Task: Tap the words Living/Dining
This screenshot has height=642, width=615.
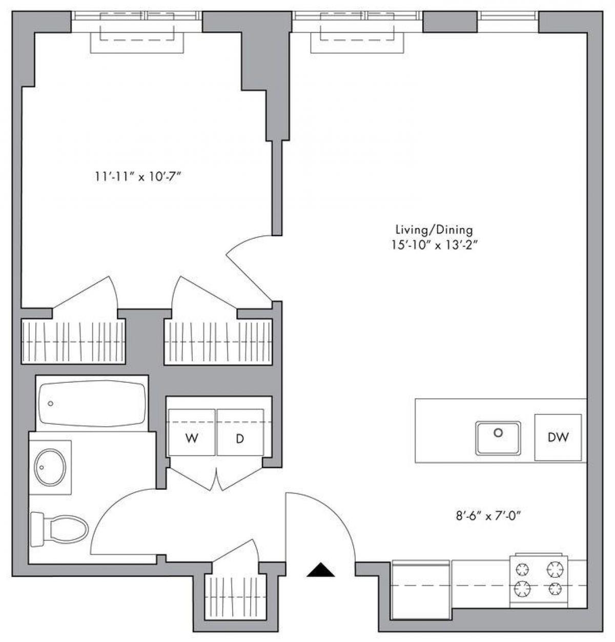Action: pos(434,230)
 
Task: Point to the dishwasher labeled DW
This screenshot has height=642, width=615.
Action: pos(558,437)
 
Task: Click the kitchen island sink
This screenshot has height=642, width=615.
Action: pos(498,437)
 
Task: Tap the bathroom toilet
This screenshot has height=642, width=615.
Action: pos(59,530)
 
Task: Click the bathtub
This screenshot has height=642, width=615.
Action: pos(92,404)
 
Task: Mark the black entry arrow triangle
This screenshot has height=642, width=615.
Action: pos(320,570)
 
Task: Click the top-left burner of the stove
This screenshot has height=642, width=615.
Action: pos(523,569)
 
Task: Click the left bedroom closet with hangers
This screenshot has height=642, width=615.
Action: pos(73,341)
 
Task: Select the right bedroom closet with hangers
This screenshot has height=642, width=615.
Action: pos(217,341)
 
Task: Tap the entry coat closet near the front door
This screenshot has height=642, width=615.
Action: pos(236,594)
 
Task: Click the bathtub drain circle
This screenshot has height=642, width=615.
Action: pos(51,404)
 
